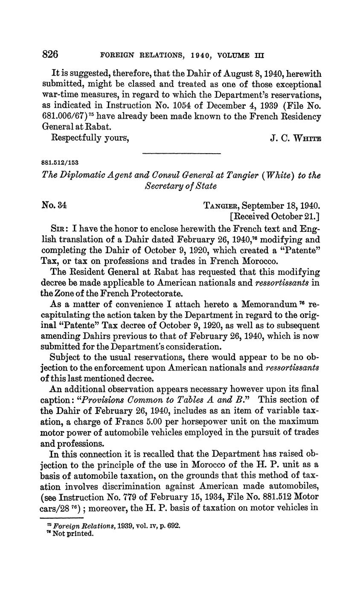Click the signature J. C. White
point(296,138)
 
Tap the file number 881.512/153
point(60,163)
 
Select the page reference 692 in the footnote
point(174,526)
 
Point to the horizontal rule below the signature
point(181,153)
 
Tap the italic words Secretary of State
point(181,186)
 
